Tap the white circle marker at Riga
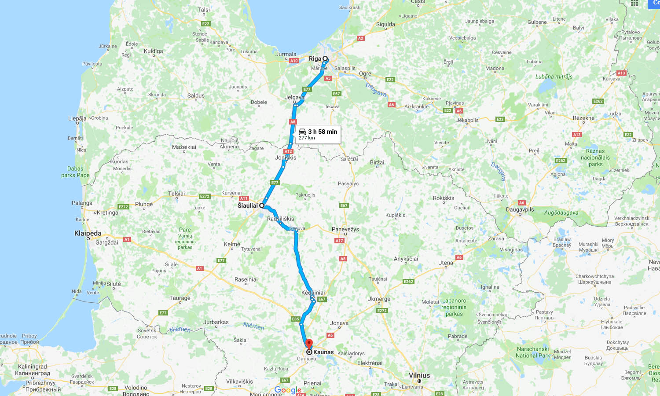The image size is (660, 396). coord(325,59)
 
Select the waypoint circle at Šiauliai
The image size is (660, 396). coord(262,205)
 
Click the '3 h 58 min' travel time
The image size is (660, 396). coord(323,132)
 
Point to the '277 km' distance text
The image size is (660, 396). coord(307,138)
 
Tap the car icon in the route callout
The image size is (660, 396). coord(302,132)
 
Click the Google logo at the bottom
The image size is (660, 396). coord(288,390)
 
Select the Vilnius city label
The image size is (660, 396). coord(419,375)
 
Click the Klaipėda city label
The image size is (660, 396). coord(88,233)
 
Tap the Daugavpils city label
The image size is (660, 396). coord(520,209)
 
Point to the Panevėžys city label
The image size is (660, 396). coord(345,229)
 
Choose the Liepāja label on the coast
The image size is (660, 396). coord(77,118)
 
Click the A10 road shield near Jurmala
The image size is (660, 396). coord(294,61)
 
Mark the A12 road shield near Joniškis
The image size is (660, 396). coord(288,151)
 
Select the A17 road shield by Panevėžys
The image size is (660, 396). coord(339,241)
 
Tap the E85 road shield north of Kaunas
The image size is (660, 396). coord(295,319)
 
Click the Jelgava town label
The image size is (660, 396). coord(294,97)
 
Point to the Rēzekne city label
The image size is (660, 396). coord(583,118)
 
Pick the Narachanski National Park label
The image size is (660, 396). coord(533,352)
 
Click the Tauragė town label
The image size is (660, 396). coord(180,298)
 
